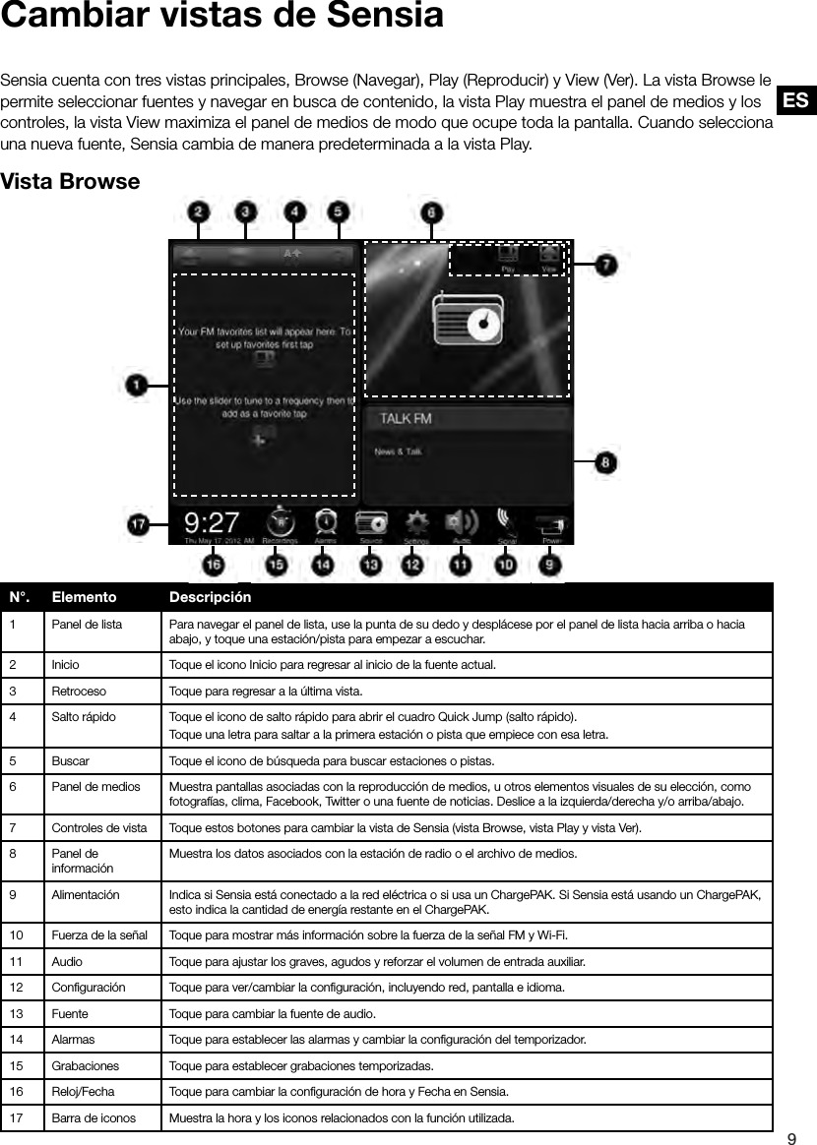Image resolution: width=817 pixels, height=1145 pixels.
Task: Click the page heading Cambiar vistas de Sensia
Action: (x=221, y=17)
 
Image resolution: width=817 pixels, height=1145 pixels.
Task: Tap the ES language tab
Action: (x=796, y=100)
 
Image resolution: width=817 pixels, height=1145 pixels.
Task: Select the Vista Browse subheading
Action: (x=71, y=183)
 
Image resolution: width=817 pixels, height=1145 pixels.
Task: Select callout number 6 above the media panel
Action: (x=432, y=212)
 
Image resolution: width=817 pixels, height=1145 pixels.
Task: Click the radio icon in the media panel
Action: (x=468, y=322)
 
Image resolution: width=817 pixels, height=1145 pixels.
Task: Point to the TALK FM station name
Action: (x=406, y=419)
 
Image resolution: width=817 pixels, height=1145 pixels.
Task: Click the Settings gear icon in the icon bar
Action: (x=417, y=521)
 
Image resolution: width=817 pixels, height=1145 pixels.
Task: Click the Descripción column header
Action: (x=210, y=597)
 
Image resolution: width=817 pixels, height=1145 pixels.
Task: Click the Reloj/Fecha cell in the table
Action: (x=83, y=1091)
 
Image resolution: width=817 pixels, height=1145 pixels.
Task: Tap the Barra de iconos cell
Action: (x=94, y=1117)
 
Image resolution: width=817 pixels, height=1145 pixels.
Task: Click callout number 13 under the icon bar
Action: (x=371, y=566)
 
